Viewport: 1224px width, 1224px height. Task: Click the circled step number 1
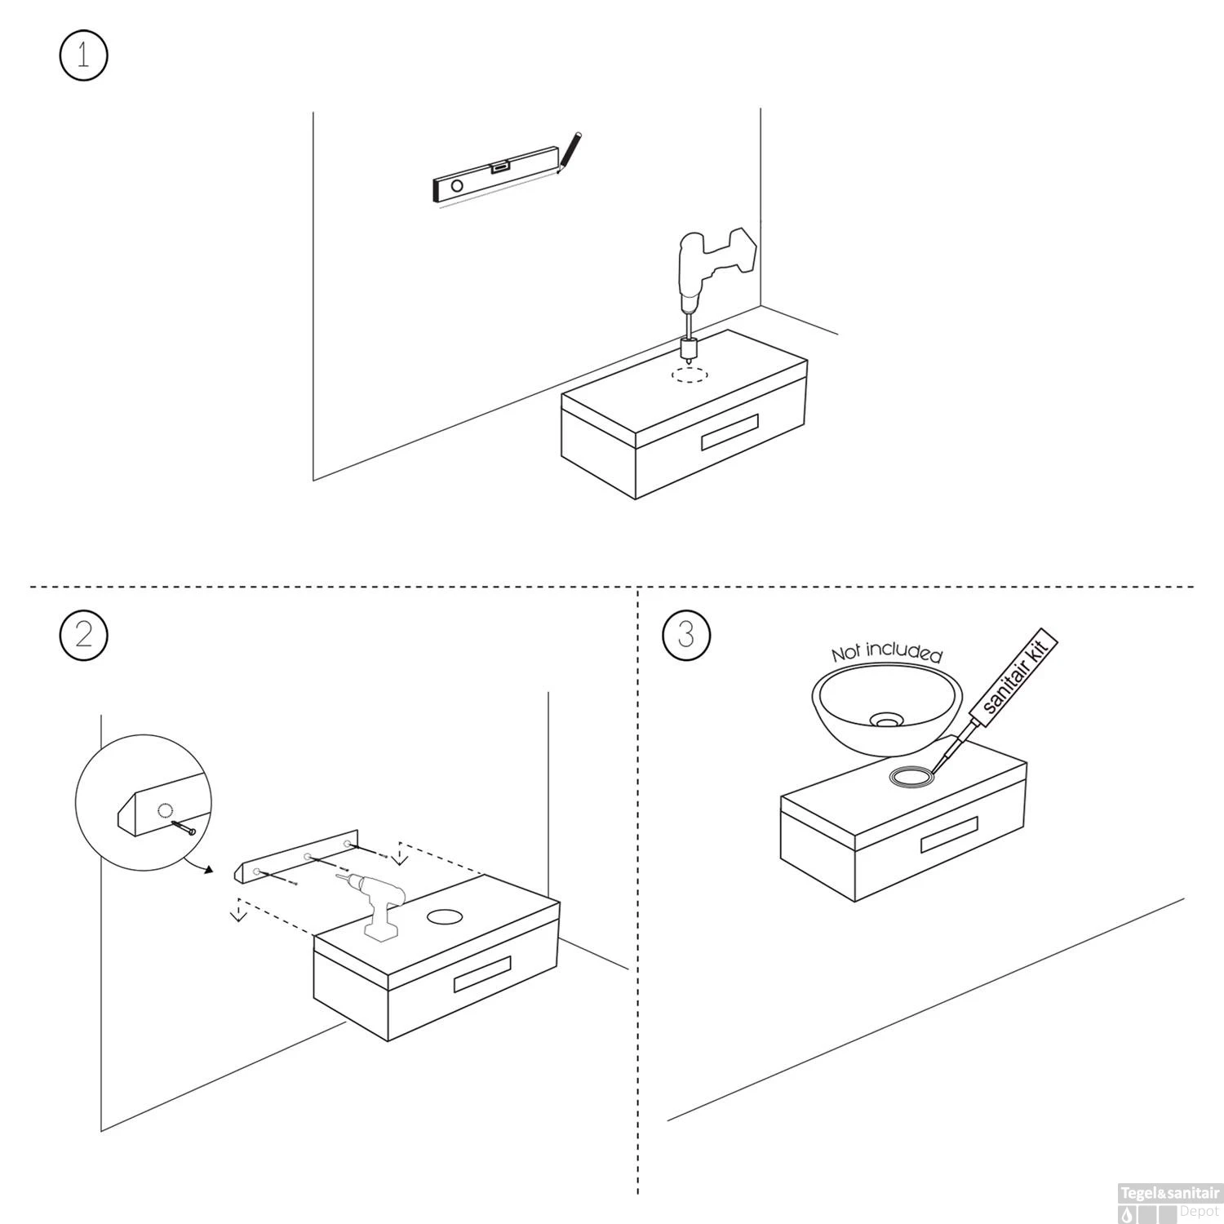point(83,55)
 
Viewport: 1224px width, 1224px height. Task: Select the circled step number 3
point(686,634)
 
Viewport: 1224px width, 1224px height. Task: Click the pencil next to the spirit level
point(568,153)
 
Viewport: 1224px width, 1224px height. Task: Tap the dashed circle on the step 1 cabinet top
point(690,375)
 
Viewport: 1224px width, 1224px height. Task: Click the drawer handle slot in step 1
point(730,432)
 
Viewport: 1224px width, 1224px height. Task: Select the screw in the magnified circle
point(184,827)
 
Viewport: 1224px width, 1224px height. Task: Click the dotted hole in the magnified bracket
point(166,810)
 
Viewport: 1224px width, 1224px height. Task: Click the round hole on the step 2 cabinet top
point(445,916)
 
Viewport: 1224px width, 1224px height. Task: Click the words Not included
point(887,652)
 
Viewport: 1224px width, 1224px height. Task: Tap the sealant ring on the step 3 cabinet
point(911,778)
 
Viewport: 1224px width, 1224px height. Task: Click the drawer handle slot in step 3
point(950,835)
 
